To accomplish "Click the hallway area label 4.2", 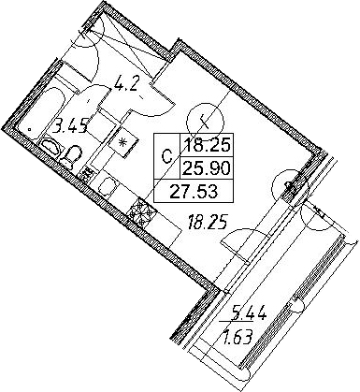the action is tap(125, 82).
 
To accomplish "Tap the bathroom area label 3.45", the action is tap(69, 126).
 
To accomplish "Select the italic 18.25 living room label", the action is tap(207, 222).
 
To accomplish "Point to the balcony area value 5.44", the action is tap(247, 312).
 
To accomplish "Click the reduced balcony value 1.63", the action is tap(236, 336).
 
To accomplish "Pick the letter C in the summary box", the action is tap(167, 156).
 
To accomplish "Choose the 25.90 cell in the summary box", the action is tap(208, 168).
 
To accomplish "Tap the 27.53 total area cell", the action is tap(194, 191).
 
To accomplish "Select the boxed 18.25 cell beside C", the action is tap(208, 145).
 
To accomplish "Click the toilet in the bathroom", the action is tap(70, 156).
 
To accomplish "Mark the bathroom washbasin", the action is tap(50, 146).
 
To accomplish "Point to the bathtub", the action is tap(39, 113).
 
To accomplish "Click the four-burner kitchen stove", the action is tap(142, 212).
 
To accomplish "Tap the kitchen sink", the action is tap(108, 186).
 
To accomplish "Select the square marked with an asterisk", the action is tap(123, 142).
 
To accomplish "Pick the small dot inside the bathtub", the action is tap(30, 128).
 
